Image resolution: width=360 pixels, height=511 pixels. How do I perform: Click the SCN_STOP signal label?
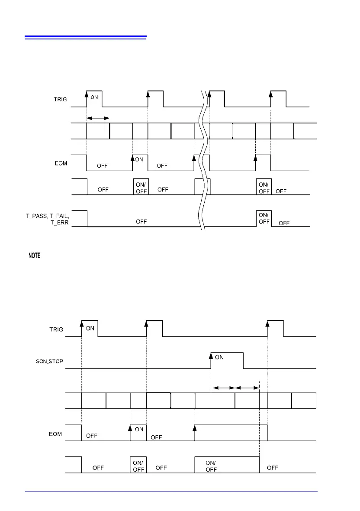[x=50, y=361]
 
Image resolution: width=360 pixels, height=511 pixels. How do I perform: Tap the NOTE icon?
[x=35, y=256]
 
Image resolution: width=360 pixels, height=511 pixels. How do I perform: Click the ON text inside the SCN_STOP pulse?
[x=219, y=357]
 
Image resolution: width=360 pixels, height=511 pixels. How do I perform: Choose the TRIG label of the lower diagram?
[x=56, y=329]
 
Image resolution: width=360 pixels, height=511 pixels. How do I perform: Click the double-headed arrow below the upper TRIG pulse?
[x=97, y=118]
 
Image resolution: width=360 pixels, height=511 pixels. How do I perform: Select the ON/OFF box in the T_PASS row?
[x=263, y=218]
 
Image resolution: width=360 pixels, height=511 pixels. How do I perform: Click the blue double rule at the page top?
[x=86, y=37]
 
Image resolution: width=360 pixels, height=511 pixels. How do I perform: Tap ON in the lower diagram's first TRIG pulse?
[x=90, y=328]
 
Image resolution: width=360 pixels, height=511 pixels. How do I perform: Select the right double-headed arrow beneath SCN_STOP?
[x=247, y=388]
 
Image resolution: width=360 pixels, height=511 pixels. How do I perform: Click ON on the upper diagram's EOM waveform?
[x=139, y=159]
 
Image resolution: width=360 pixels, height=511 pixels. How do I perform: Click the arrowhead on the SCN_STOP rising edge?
[x=211, y=356]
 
